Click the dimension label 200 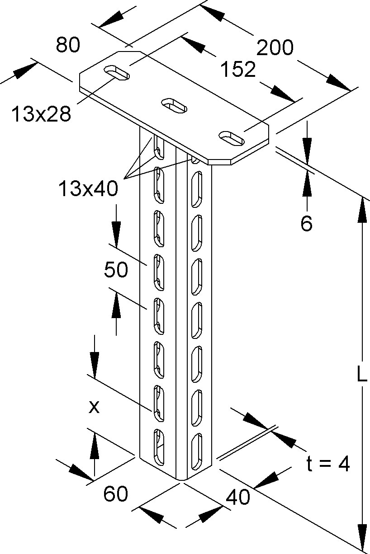pos(275,47)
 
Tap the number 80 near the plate pos(68,45)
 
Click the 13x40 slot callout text pos(88,188)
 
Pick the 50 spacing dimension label pos(116,270)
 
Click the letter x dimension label pos(94,408)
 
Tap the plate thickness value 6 pos(307,224)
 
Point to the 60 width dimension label pos(115,494)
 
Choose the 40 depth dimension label pos(238,498)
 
